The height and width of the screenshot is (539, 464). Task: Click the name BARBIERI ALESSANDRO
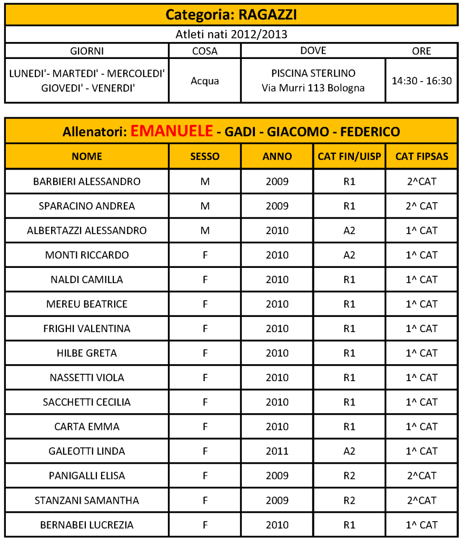click(87, 182)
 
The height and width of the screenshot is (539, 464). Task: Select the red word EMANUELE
click(172, 131)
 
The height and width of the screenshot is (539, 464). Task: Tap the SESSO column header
click(205, 156)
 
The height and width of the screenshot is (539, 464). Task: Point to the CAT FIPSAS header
click(421, 156)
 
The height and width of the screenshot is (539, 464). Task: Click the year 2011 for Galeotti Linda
click(277, 451)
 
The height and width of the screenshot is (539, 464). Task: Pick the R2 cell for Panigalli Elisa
click(349, 476)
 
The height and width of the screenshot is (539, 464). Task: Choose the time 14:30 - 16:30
click(421, 81)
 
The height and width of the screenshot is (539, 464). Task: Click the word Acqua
click(205, 81)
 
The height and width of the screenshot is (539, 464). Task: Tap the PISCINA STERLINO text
click(313, 73)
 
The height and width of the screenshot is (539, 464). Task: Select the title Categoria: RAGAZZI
click(231, 15)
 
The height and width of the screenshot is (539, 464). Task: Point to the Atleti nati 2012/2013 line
click(231, 35)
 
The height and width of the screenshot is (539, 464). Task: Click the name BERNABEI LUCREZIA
click(87, 525)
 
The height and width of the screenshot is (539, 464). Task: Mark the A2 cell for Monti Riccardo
click(349, 255)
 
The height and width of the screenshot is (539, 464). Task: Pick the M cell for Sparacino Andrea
click(205, 206)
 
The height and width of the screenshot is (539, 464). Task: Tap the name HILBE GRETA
click(87, 353)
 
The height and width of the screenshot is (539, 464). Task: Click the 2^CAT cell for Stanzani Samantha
click(421, 500)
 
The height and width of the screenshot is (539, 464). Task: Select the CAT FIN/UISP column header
click(349, 156)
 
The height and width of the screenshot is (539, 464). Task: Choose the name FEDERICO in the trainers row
click(370, 132)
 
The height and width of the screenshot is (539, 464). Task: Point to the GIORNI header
click(87, 51)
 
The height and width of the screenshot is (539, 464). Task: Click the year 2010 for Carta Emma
click(277, 426)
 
